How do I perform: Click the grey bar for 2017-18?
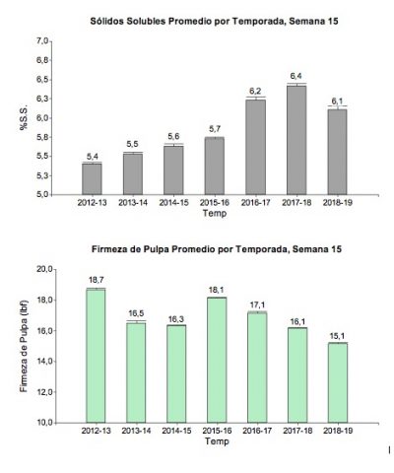pos(296,140)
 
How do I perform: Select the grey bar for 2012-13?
pos(92,179)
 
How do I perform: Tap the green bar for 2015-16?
pos(217,360)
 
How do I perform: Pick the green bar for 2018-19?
pos(338,382)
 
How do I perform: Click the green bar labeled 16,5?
pos(136,372)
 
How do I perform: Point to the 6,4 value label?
pos(295,76)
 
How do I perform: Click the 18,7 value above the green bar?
pos(96,280)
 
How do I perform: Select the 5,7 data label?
pos(215,129)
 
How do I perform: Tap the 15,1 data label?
pos(337,336)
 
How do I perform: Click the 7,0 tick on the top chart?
pos(42,41)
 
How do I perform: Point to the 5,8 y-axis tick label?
pos(42,137)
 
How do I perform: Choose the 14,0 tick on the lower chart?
pos(45,362)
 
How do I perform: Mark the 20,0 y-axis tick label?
pos(45,269)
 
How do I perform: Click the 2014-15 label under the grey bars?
pos(173,203)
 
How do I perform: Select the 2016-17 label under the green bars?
pos(257,431)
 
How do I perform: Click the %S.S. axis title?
pos(24,118)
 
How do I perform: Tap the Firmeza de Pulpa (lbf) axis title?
pos(24,346)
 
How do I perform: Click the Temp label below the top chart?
pos(215,214)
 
